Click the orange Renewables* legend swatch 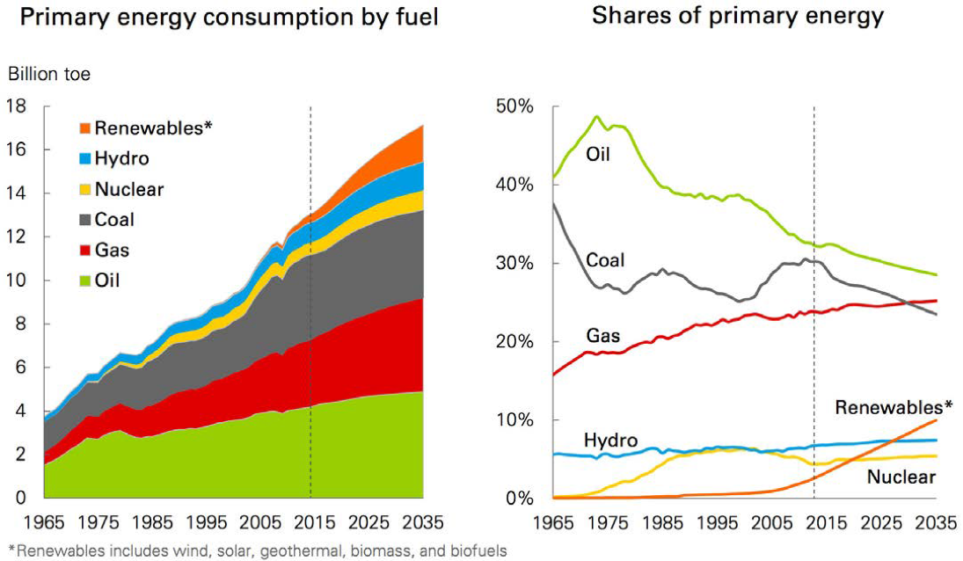pos(84,128)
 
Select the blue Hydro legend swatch pos(84,159)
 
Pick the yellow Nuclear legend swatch pos(84,190)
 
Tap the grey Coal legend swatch pos(84,221)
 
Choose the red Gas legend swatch pos(84,251)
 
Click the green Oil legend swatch pos(84,281)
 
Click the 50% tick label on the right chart pos(514,107)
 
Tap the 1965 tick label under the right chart pos(555,523)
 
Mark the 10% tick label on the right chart pos(514,420)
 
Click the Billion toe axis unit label pos(49,75)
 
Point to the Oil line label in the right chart pos(598,156)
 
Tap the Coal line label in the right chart pos(605,260)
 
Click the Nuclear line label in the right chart pos(901,477)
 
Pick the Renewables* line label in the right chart pos(893,407)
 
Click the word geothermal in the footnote pos(275,551)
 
